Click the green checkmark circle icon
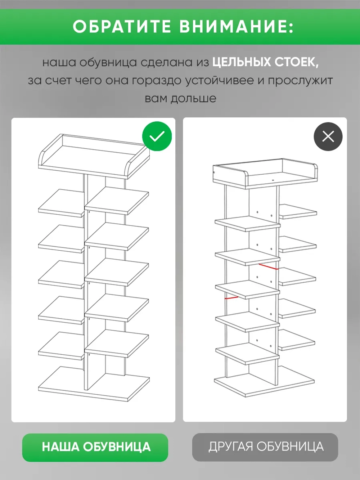click(x=157, y=136)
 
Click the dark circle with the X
click(x=328, y=136)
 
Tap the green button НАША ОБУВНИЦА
click(x=95, y=447)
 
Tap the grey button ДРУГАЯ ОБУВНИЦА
click(x=265, y=447)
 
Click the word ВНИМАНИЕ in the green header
click(x=237, y=27)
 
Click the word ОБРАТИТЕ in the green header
click(x=122, y=27)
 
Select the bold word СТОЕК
click(x=297, y=62)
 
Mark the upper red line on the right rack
click(x=268, y=266)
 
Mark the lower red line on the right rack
click(x=231, y=298)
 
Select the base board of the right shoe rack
click(x=265, y=382)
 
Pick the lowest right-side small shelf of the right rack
click(x=297, y=340)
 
